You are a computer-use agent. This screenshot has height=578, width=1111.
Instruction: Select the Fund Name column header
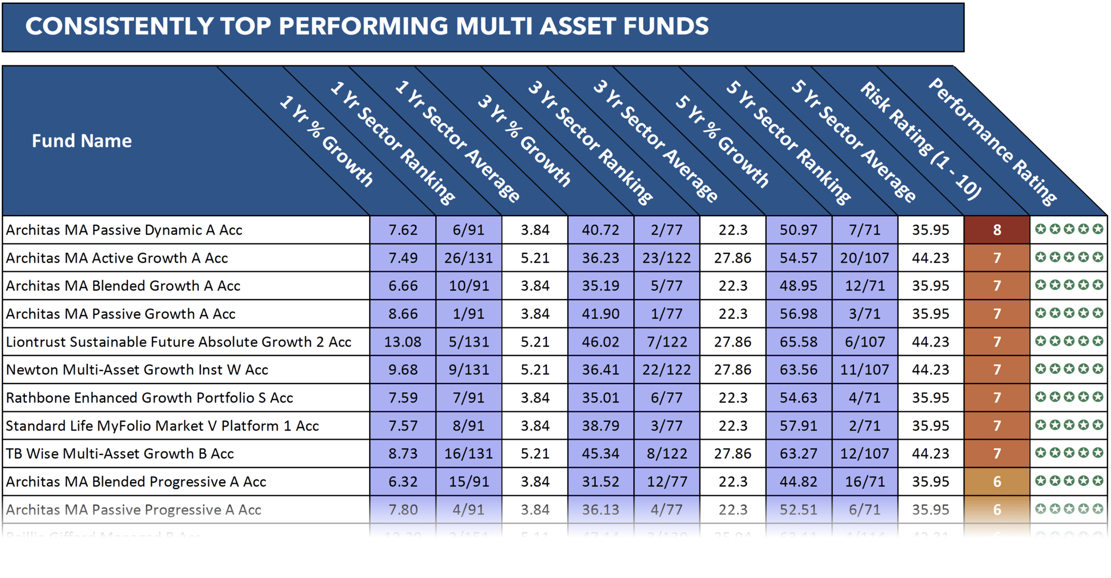click(82, 141)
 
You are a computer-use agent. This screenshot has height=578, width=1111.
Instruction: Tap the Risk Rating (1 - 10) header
click(920, 140)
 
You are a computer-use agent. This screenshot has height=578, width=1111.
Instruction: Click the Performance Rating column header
click(992, 142)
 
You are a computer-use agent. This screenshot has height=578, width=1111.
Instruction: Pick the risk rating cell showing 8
click(997, 230)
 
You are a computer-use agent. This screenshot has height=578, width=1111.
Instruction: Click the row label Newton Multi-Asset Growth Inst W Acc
click(137, 370)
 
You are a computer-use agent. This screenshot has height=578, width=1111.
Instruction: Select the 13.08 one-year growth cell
click(402, 342)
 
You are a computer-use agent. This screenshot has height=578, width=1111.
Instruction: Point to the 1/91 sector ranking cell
click(468, 314)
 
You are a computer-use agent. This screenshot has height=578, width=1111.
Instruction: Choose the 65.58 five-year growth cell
click(798, 342)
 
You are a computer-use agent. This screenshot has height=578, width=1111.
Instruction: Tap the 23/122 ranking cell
click(666, 258)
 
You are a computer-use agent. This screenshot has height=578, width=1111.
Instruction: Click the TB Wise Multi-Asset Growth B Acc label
click(120, 454)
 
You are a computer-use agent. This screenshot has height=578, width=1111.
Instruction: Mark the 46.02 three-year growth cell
click(600, 342)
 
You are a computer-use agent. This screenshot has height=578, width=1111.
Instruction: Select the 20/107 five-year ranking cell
click(864, 258)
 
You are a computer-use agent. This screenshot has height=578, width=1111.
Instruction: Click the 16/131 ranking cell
click(468, 454)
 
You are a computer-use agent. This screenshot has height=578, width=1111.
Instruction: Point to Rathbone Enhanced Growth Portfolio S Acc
click(149, 398)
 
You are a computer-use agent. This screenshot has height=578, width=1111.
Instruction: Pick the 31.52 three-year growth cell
click(600, 482)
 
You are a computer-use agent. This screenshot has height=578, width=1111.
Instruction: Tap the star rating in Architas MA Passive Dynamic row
click(1069, 229)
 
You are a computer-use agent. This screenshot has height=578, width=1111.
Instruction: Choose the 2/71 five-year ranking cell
click(864, 426)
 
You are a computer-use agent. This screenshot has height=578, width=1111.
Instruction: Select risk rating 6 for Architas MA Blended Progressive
click(997, 482)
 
